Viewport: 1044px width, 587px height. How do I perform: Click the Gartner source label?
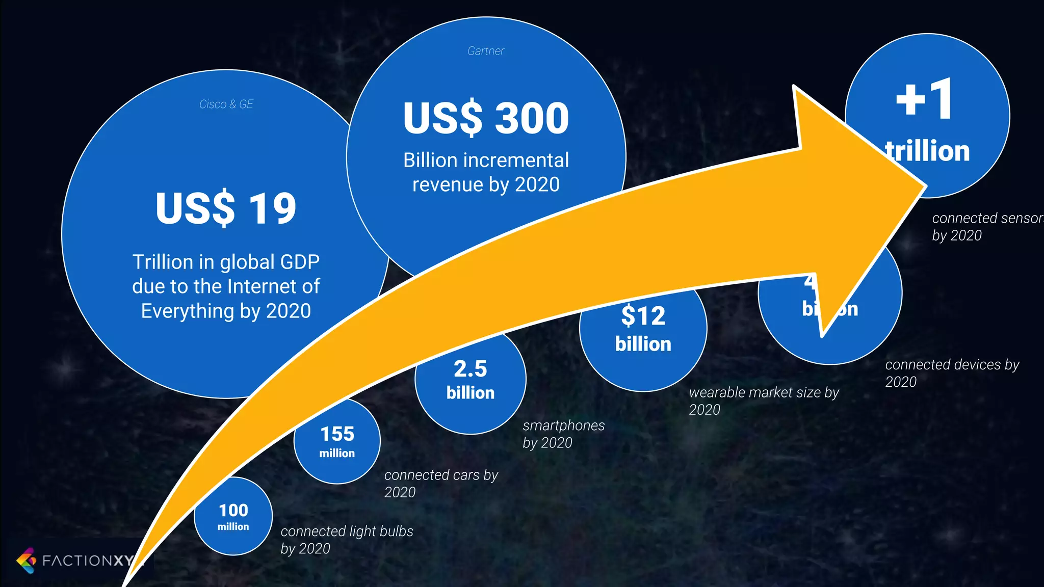[x=485, y=51]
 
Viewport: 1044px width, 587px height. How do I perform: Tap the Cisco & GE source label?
[x=226, y=104]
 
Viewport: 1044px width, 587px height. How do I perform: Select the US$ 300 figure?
[x=486, y=118]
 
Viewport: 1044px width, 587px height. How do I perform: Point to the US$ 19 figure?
[x=226, y=208]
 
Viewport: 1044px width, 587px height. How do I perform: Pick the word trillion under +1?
[x=928, y=151]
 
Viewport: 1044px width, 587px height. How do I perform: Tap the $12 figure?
[x=643, y=316]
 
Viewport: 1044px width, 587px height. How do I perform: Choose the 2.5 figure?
[x=470, y=369]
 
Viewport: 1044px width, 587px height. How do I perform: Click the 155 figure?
[x=337, y=434]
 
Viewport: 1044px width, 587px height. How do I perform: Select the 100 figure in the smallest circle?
[x=233, y=510]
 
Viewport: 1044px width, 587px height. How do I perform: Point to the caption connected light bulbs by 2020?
[x=347, y=540]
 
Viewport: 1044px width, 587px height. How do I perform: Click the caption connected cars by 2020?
[x=441, y=483]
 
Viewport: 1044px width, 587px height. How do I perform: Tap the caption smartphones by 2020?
[x=563, y=434]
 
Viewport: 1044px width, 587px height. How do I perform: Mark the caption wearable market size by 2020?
[x=764, y=401]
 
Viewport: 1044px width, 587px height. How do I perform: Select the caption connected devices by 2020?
[x=952, y=372]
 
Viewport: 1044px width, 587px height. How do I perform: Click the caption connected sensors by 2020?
[x=986, y=226]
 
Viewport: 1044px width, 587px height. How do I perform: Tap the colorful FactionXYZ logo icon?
[x=26, y=561]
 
